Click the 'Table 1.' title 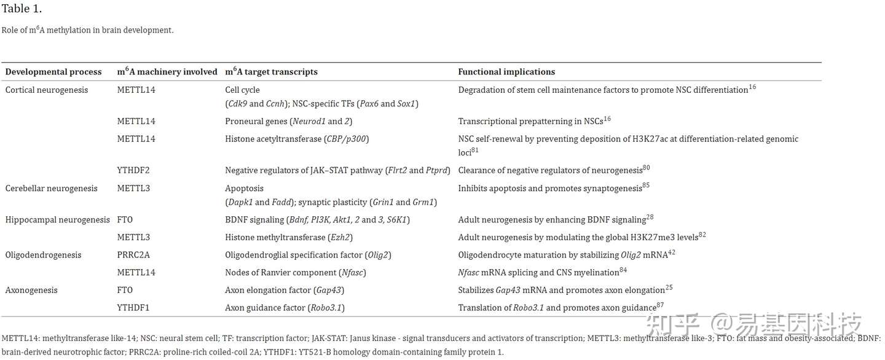[x=22, y=9]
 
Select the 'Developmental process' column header [x=53, y=72]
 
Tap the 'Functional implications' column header [x=506, y=72]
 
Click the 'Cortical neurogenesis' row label [x=47, y=90]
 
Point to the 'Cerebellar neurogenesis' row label [x=51, y=189]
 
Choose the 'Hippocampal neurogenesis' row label [x=57, y=219]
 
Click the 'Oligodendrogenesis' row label [x=43, y=255]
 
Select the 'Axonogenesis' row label [x=31, y=290]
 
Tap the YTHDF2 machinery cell [x=133, y=170]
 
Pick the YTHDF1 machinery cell [x=133, y=308]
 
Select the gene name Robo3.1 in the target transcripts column [x=326, y=308]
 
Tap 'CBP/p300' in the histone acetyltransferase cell [x=346, y=139]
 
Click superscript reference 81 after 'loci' [x=475, y=149]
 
